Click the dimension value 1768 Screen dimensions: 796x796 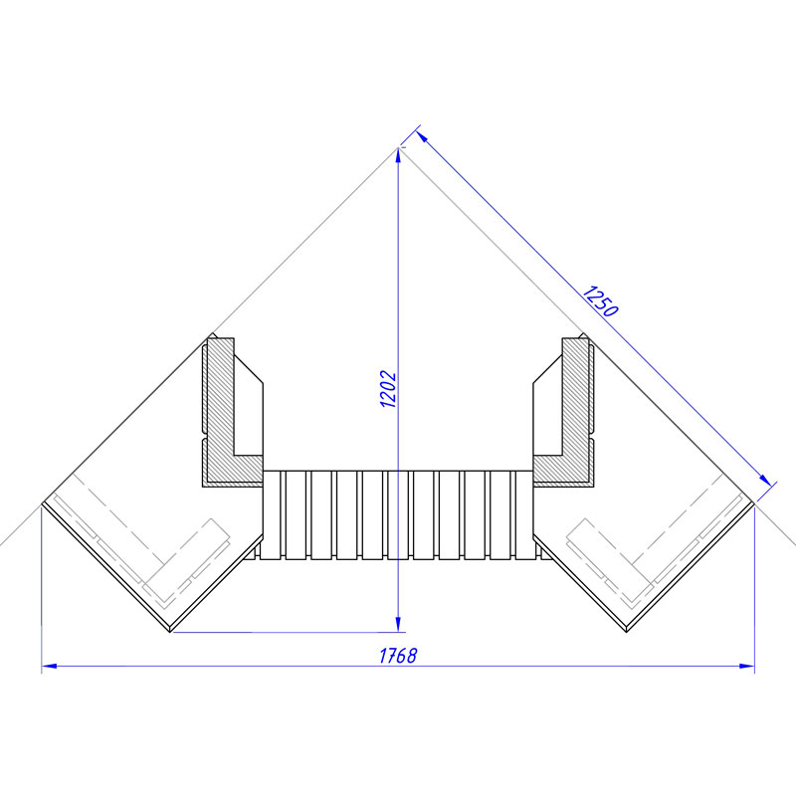point(398,656)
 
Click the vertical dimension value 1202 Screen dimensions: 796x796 point(388,389)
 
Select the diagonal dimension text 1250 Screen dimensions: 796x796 point(600,301)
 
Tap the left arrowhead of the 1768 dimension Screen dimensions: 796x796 point(49,666)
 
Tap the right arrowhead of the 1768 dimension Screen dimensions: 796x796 point(747,666)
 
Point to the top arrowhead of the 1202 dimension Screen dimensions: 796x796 point(398,155)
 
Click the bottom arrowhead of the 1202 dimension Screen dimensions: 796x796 point(398,625)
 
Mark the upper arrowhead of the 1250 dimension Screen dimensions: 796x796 point(422,136)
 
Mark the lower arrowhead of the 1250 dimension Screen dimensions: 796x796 point(765,481)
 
